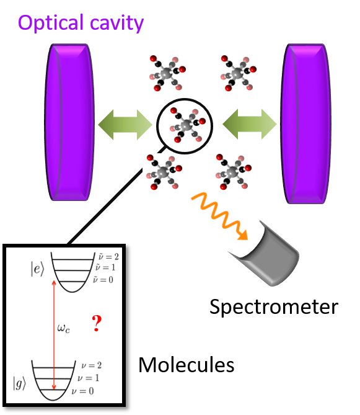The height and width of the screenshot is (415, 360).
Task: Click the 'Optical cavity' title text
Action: (x=81, y=23)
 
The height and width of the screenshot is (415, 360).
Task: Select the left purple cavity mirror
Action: (x=71, y=122)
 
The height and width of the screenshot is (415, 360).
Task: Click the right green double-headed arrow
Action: (x=250, y=124)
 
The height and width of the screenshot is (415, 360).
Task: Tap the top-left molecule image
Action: (x=167, y=74)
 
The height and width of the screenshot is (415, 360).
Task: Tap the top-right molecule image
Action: (x=239, y=74)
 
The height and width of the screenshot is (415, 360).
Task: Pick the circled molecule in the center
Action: (x=188, y=125)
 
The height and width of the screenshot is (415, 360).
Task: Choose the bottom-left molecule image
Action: (x=164, y=172)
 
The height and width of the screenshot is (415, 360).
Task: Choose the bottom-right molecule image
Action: (x=234, y=172)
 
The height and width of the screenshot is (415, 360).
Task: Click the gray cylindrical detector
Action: (x=266, y=260)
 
